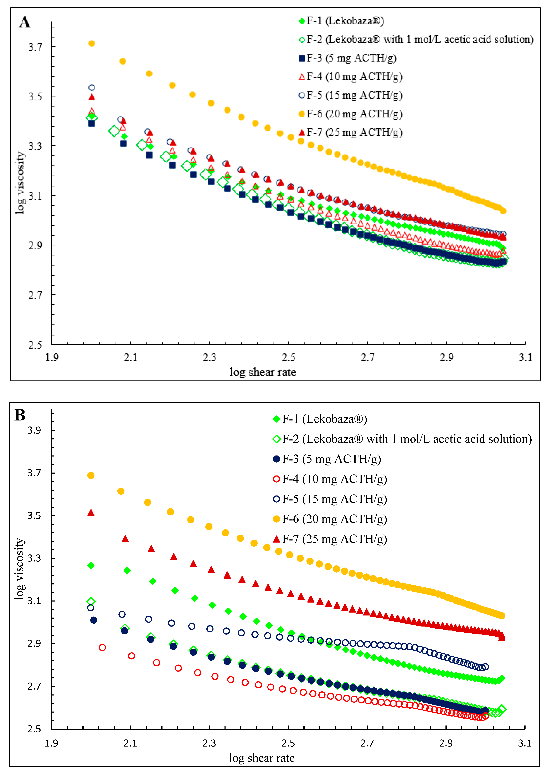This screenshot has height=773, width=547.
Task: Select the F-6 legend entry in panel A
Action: tap(350, 114)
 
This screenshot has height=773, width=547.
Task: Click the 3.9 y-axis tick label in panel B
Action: tap(34, 430)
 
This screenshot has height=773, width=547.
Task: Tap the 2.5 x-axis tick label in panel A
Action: tap(288, 357)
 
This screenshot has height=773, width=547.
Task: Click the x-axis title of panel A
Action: tap(263, 372)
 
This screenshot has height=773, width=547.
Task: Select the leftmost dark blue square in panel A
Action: tap(92, 123)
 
